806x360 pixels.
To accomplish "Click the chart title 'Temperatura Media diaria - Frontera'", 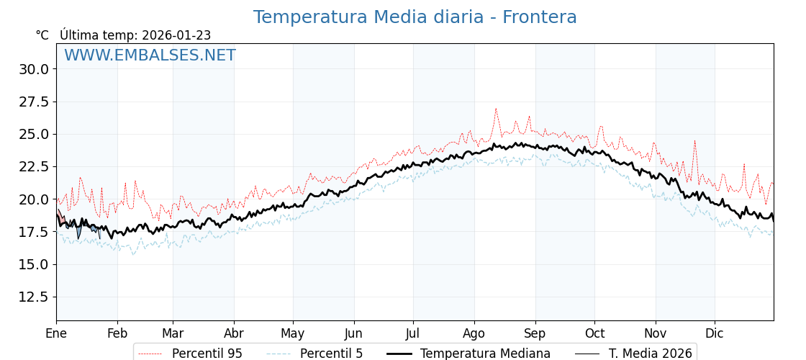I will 415,17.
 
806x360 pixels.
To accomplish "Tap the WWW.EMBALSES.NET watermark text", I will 150,55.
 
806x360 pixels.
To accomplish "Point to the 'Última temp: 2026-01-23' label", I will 135,35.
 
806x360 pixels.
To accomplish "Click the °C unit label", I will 42,35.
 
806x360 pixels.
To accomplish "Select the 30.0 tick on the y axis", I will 34,69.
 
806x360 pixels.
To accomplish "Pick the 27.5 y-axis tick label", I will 34,102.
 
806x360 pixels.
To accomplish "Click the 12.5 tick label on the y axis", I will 34,297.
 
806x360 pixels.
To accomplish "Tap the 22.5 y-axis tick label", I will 34,166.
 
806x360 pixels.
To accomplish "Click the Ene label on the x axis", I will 56,333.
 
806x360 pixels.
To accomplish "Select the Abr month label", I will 234,333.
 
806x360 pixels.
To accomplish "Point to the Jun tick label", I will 353,333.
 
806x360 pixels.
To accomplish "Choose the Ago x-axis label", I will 474,333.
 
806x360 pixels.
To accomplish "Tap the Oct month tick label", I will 594,333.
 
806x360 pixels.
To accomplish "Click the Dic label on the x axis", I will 715,333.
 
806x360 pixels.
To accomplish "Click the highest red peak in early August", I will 496,109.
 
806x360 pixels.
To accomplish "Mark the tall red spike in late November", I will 694,141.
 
